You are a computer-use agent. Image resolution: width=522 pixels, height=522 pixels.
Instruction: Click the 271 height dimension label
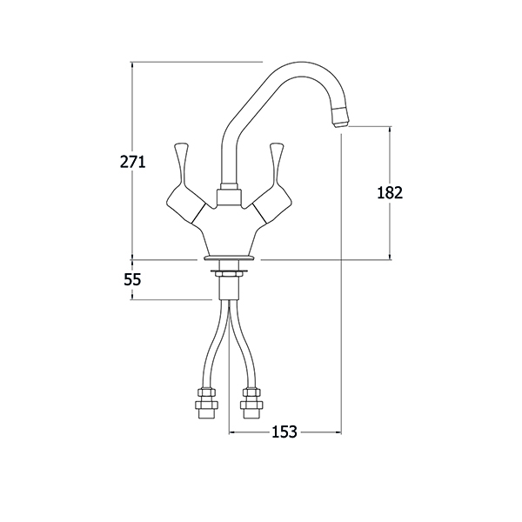click(133, 162)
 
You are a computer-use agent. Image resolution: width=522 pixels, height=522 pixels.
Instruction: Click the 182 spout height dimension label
click(390, 192)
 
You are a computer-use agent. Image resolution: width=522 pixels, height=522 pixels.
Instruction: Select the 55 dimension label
click(132, 279)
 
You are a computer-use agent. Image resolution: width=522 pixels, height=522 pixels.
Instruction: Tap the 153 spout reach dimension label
click(284, 432)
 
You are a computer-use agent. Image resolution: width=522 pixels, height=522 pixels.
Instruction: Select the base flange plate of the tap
click(229, 258)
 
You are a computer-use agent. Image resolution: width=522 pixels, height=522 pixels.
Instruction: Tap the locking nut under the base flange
click(229, 273)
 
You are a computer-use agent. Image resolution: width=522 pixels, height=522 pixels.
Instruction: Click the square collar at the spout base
click(229, 197)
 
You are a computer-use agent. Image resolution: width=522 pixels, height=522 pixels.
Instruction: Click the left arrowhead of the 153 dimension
click(231, 432)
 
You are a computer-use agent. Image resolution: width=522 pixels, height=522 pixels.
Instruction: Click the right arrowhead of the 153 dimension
click(338, 432)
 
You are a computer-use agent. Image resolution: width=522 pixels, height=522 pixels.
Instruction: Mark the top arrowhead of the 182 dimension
click(390, 130)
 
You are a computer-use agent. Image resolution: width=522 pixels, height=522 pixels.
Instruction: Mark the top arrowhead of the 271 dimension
click(132, 65)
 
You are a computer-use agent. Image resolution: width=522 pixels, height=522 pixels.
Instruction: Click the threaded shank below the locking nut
click(229, 288)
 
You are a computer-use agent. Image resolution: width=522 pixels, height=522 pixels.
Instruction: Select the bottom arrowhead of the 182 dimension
click(390, 256)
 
